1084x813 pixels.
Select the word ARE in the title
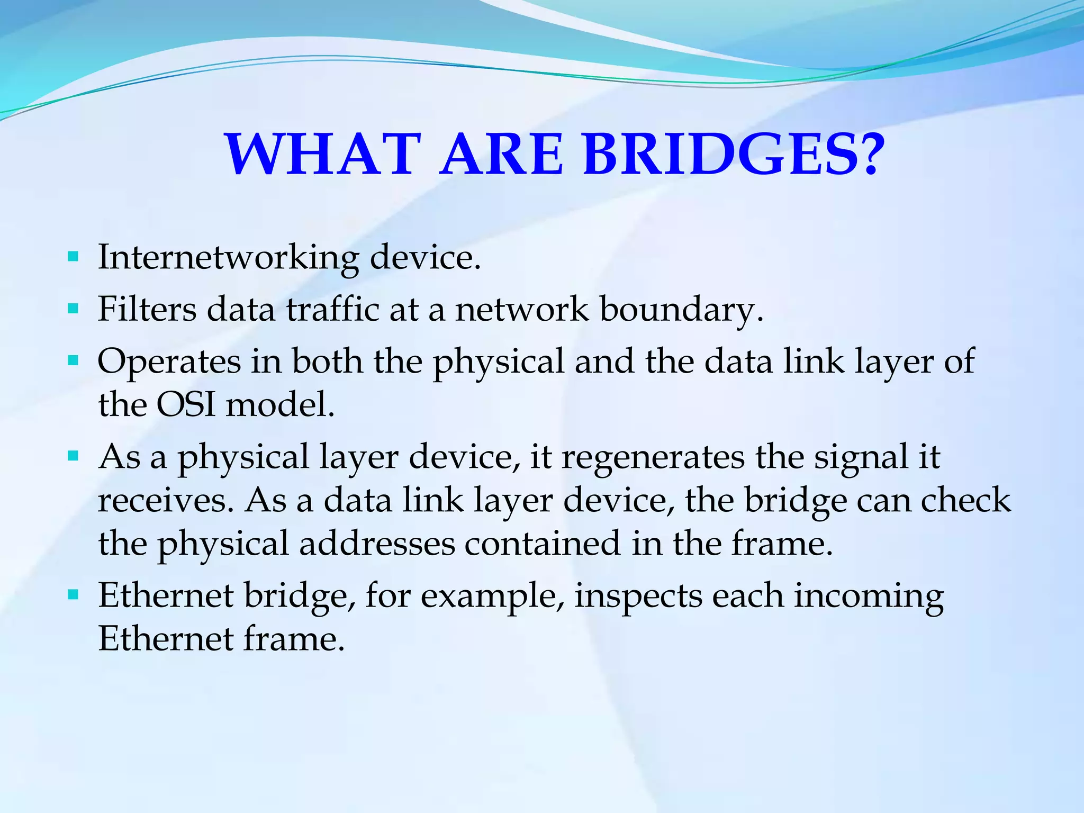(502, 155)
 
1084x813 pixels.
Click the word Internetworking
(228, 258)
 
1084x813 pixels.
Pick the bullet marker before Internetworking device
(74, 258)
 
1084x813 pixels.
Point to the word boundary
(681, 310)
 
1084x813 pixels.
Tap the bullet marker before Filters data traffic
(74, 309)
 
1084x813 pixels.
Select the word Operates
(169, 363)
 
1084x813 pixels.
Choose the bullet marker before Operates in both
(74, 362)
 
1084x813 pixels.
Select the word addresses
(377, 544)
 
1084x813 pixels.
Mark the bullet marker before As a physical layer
(74, 456)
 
